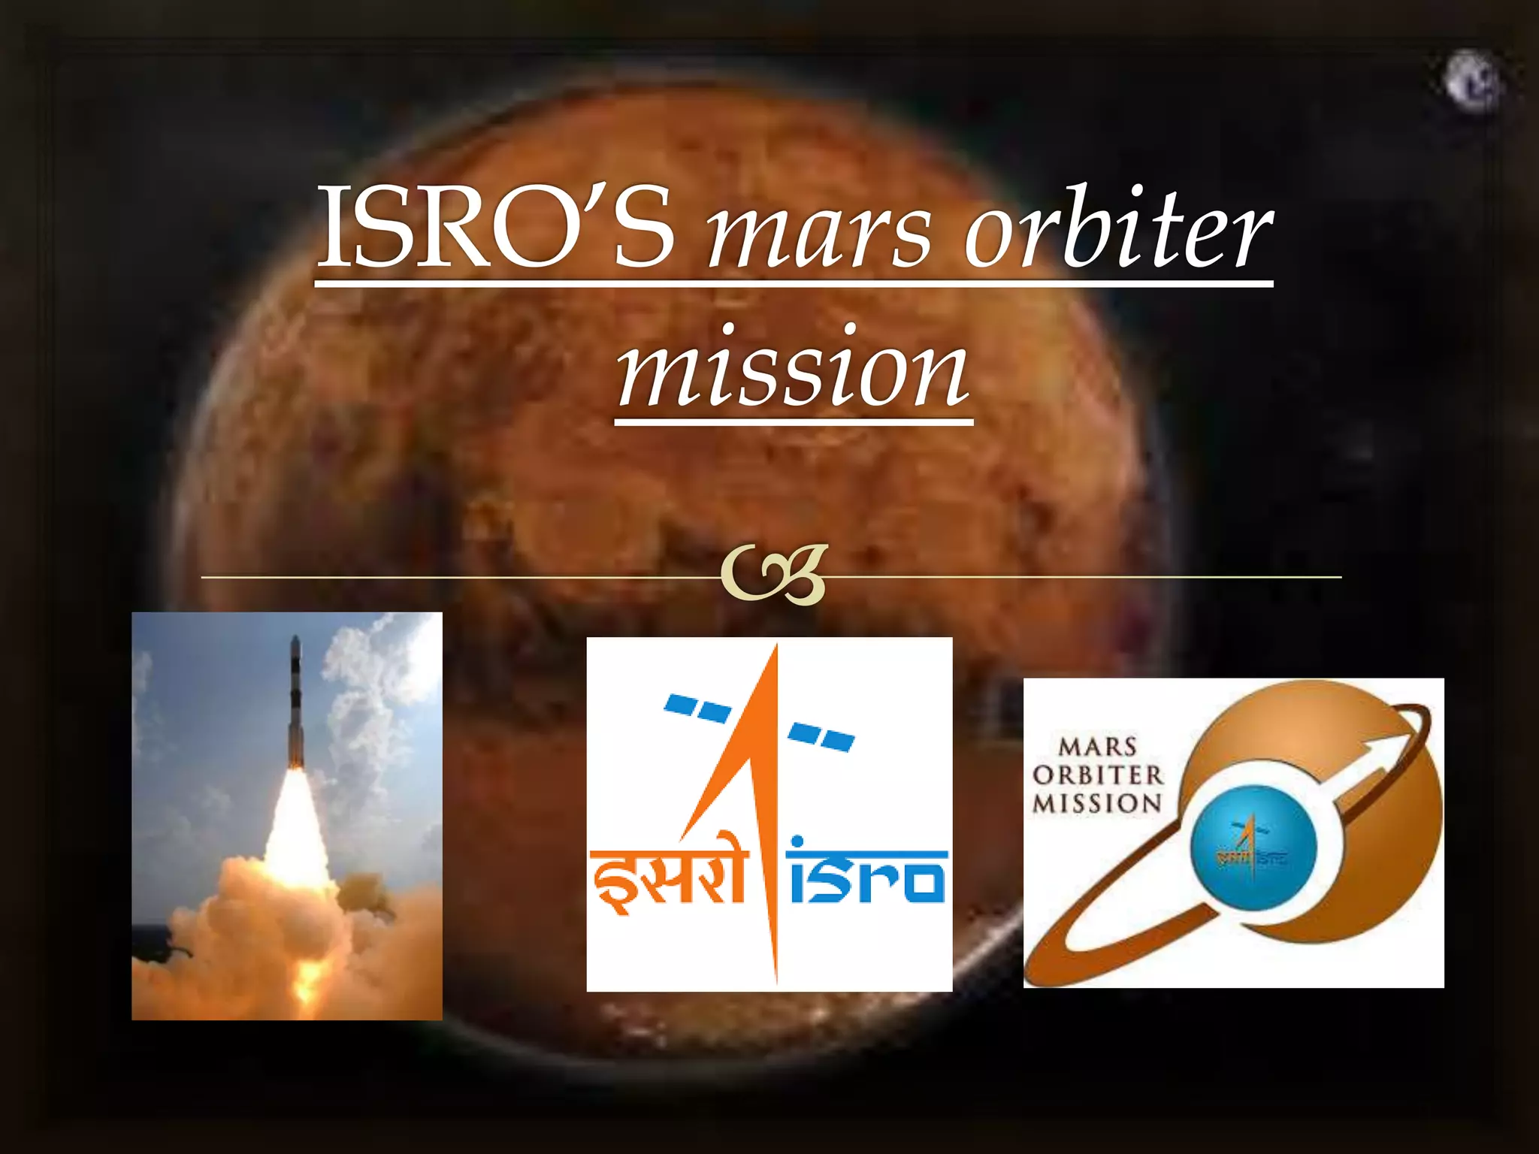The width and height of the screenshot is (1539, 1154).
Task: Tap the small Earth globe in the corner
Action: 1472,81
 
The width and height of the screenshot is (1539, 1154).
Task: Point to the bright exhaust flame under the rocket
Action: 295,826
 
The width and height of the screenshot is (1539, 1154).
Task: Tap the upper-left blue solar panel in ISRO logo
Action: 697,708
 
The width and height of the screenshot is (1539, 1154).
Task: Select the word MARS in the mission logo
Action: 1097,748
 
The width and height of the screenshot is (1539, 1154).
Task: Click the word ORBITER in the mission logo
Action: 1097,775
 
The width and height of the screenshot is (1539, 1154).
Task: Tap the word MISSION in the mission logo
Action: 1097,803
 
